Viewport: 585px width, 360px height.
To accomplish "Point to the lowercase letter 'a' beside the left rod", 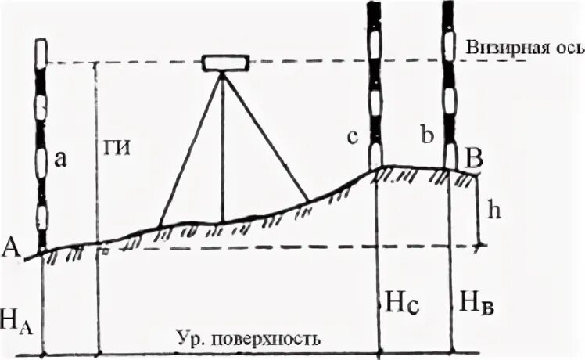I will pos(60,160).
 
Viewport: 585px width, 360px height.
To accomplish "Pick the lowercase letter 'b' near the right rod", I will pos(426,135).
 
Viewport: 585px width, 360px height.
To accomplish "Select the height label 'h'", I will pos(490,211).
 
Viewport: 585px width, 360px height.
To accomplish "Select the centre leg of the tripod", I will pos(223,149).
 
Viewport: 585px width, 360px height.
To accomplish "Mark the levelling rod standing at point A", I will pos(41,141).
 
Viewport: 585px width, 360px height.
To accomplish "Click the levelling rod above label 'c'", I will pos(376,78).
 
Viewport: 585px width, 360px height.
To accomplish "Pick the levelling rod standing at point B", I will pos(450,78).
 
